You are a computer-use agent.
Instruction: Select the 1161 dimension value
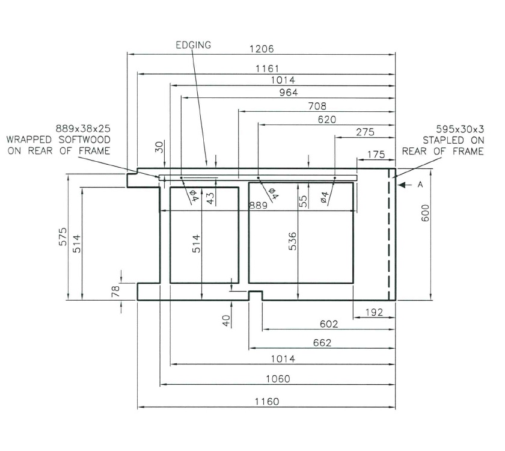266,69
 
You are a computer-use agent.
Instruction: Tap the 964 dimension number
288,92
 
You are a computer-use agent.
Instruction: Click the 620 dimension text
326,120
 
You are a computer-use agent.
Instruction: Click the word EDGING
193,45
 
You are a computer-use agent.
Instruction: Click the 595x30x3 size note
461,129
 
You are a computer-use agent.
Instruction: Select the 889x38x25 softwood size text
83,129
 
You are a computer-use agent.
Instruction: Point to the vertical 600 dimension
425,219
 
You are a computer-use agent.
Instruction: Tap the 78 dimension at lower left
116,291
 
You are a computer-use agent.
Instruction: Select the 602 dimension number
329,324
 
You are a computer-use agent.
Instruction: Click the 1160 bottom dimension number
266,402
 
